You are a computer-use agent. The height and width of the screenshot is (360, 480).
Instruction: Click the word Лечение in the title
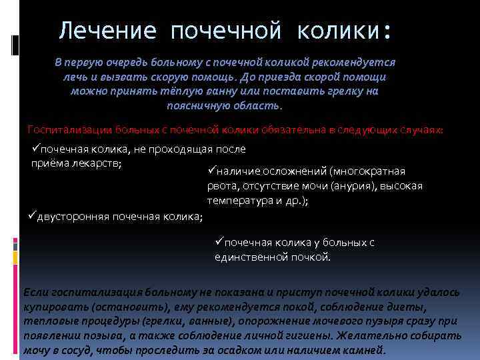coord(107,31)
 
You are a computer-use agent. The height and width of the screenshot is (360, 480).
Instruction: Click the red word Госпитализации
coord(71,129)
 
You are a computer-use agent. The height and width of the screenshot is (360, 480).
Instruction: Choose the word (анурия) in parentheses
coord(347,186)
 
